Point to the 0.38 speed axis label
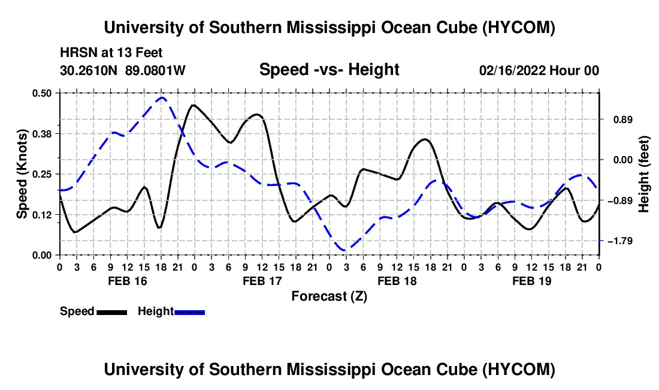[41, 134]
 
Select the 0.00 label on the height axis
[623, 160]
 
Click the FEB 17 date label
[262, 281]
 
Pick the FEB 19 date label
[531, 281]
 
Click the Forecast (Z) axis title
[329, 296]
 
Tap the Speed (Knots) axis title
[22, 174]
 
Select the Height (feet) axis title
[643, 174]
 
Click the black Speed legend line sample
[112, 313]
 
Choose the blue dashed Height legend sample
[189, 313]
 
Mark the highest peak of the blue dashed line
[162, 98]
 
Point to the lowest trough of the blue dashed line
[346, 250]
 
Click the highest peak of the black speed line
[194, 105]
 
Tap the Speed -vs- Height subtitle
[329, 70]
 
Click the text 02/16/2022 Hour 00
[539, 70]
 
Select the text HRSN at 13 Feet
[111, 53]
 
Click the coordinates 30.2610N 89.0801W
[123, 70]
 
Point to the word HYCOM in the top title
[519, 28]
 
